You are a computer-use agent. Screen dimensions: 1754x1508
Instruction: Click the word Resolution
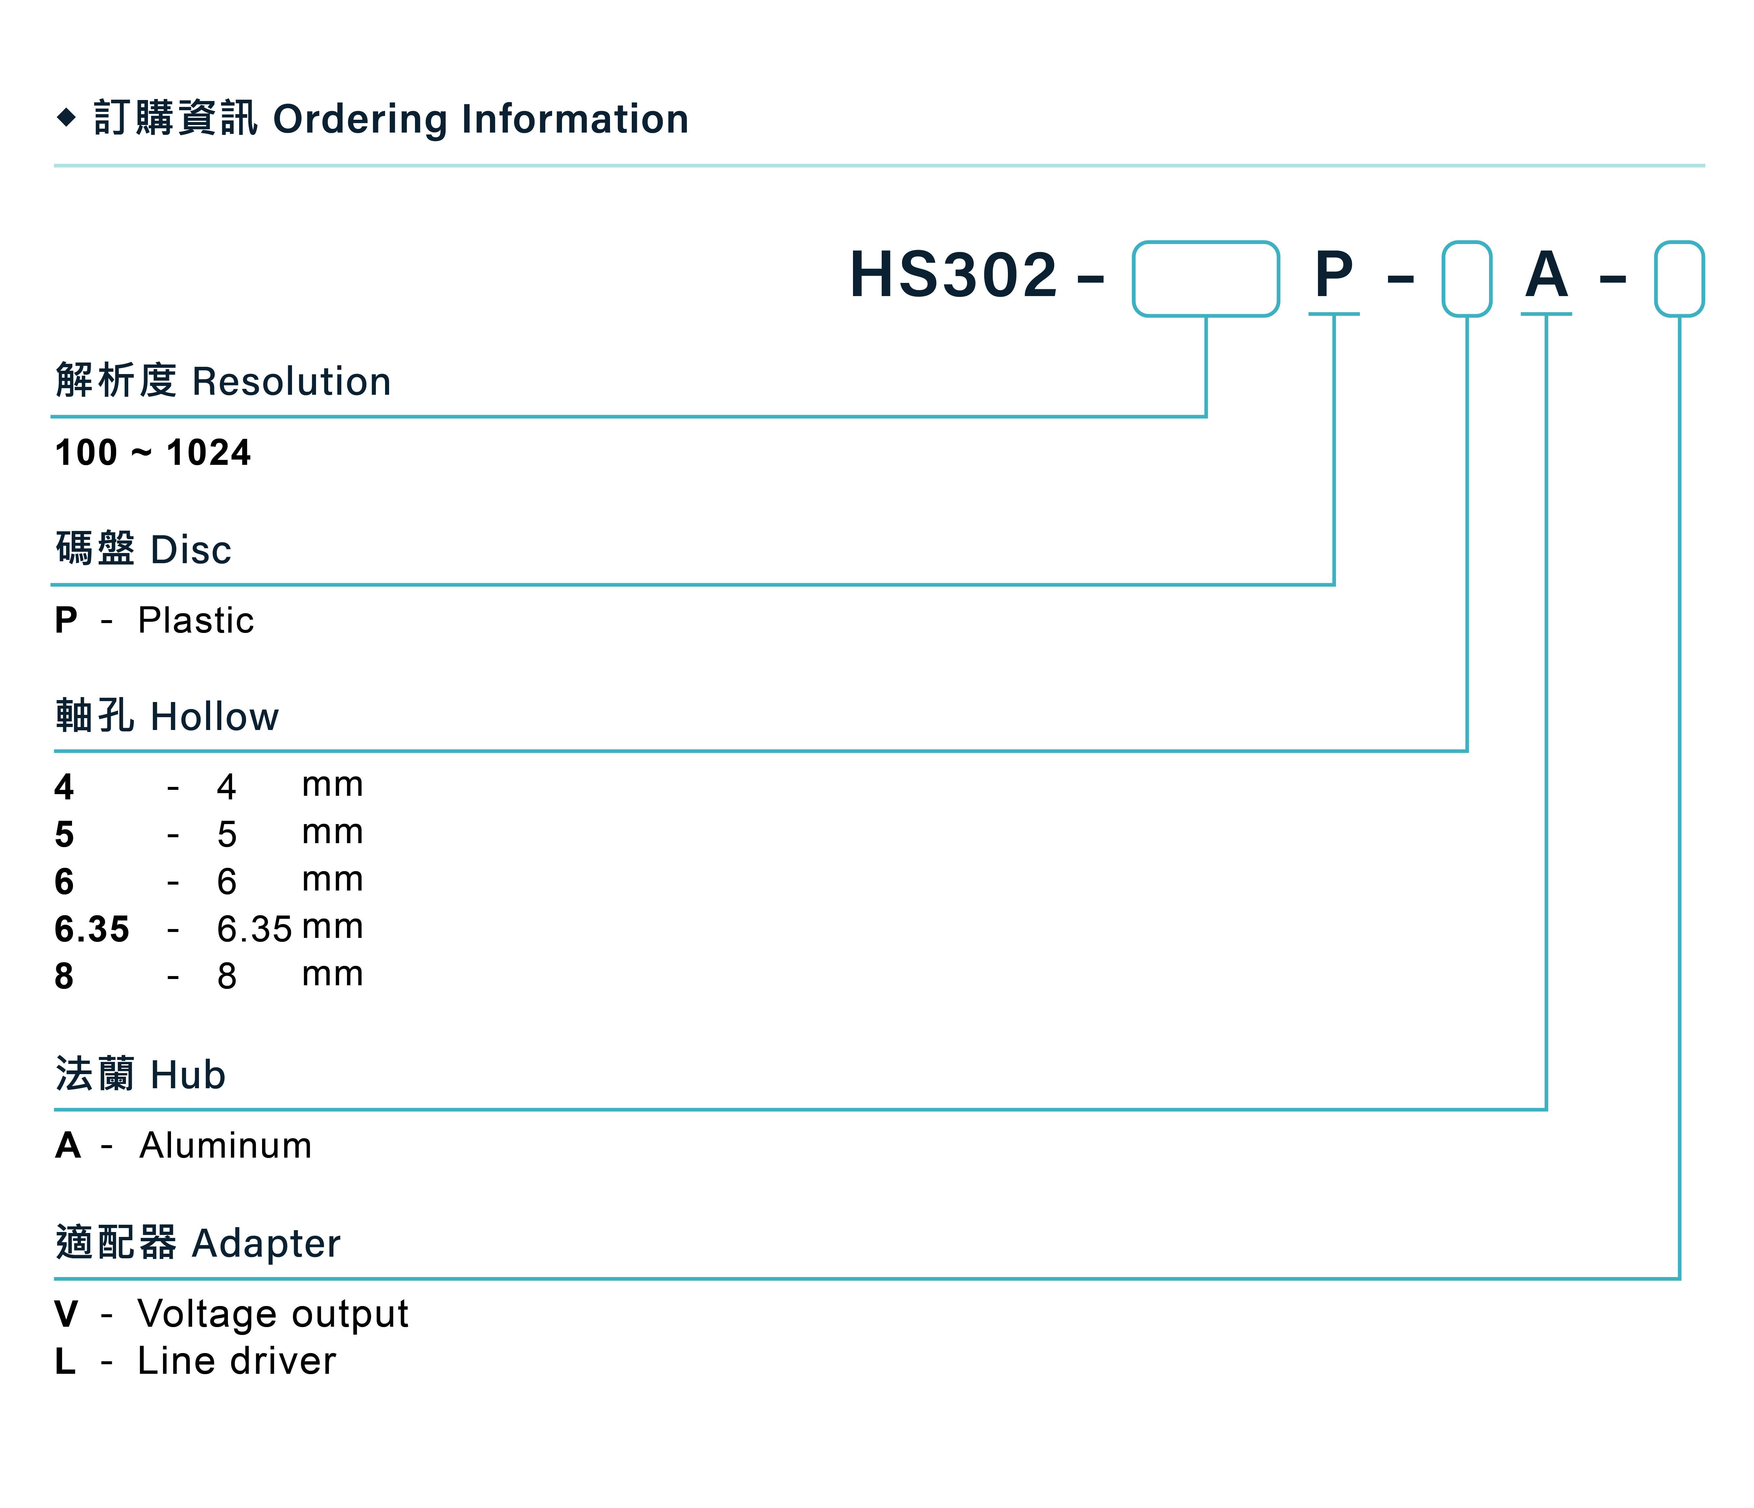292,382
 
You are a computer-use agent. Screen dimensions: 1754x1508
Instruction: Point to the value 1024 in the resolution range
209,453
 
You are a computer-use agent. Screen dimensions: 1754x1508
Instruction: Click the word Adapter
267,1244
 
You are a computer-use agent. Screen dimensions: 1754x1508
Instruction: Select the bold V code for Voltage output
66,1314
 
